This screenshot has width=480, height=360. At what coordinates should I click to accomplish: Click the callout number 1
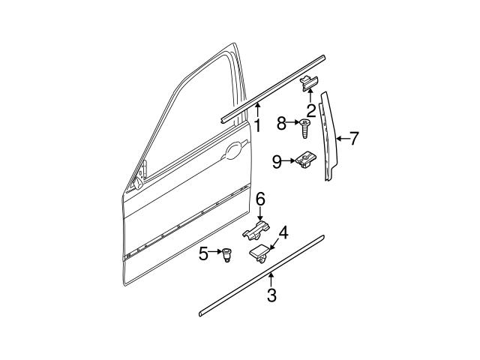[256, 126]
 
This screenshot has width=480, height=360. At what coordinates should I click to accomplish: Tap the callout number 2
[310, 109]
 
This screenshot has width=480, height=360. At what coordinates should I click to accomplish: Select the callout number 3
[271, 296]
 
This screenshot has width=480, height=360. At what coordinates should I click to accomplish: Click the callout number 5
[204, 254]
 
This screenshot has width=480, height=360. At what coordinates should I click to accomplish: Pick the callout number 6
[260, 199]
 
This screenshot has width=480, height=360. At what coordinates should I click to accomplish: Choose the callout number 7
[355, 138]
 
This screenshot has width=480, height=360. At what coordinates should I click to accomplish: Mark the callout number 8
[281, 123]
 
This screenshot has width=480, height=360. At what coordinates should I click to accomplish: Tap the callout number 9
[277, 160]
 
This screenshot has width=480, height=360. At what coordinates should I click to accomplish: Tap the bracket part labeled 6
[256, 231]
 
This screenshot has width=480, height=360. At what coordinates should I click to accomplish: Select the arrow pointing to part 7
[341, 138]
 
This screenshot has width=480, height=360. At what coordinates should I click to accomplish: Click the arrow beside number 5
[216, 253]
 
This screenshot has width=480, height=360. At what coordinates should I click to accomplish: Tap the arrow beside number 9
[289, 160]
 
